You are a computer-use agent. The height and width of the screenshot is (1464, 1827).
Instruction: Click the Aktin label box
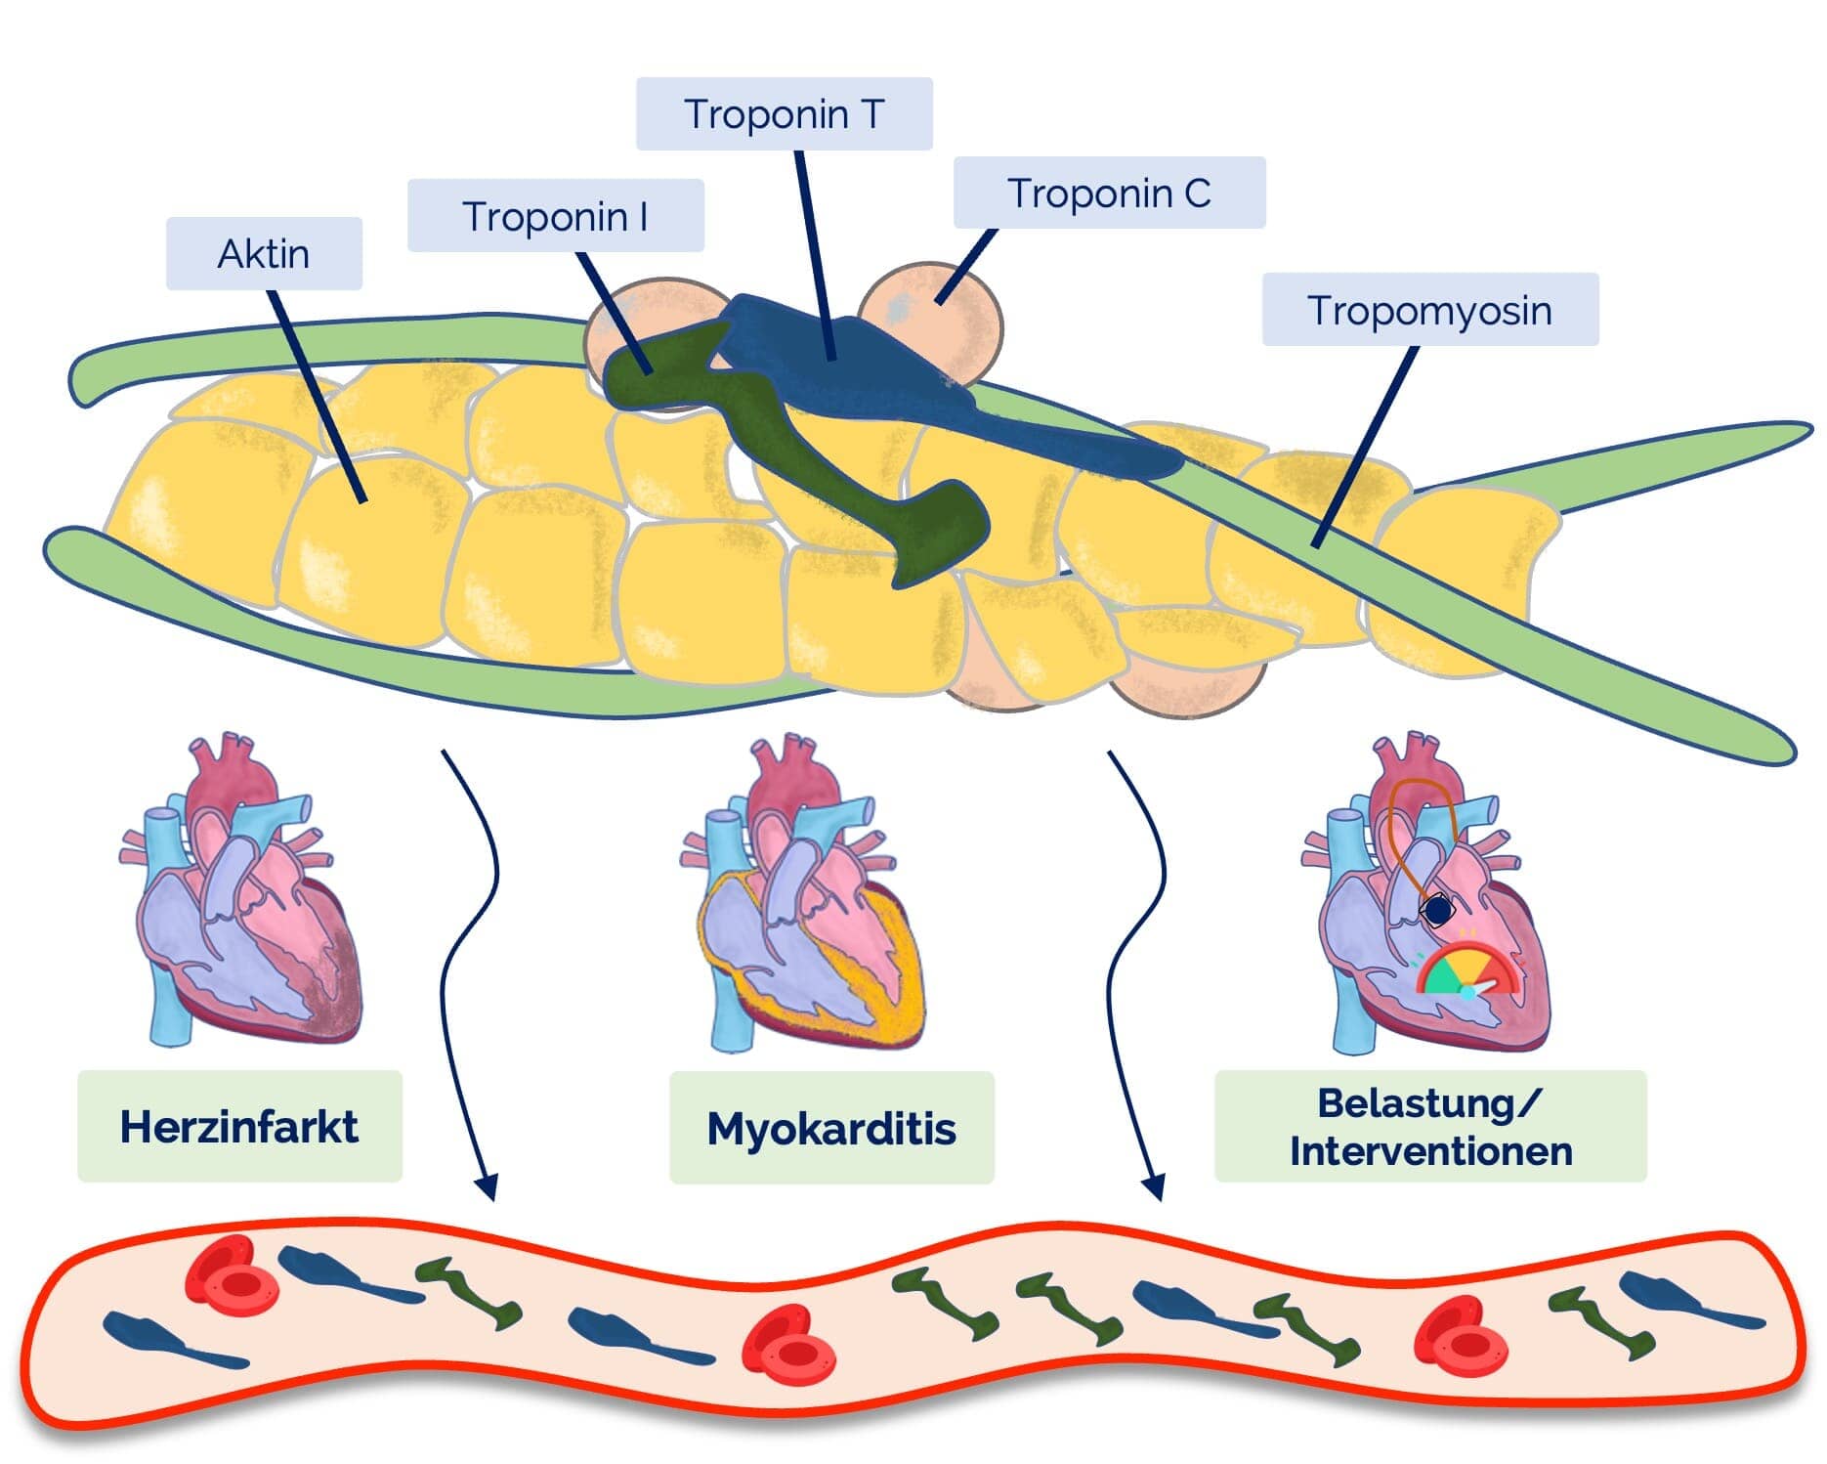pos(264,254)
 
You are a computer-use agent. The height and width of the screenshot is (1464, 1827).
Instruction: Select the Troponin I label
pos(555,216)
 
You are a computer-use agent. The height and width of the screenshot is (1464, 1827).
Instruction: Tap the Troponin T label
pos(784,114)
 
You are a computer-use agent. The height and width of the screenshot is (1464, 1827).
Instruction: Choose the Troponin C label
pos(1109,194)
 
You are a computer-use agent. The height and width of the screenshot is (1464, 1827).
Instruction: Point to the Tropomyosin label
pos(1429,310)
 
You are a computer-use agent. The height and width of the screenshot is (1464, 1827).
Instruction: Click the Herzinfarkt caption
pos(239,1126)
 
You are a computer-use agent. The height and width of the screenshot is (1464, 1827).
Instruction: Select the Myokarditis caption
pos(831,1128)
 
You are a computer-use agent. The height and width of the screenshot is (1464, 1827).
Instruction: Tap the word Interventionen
pos(1430,1150)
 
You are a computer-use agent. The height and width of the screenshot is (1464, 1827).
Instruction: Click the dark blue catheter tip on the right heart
pos(1437,911)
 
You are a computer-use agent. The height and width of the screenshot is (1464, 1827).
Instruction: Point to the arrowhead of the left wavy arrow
pos(486,1186)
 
